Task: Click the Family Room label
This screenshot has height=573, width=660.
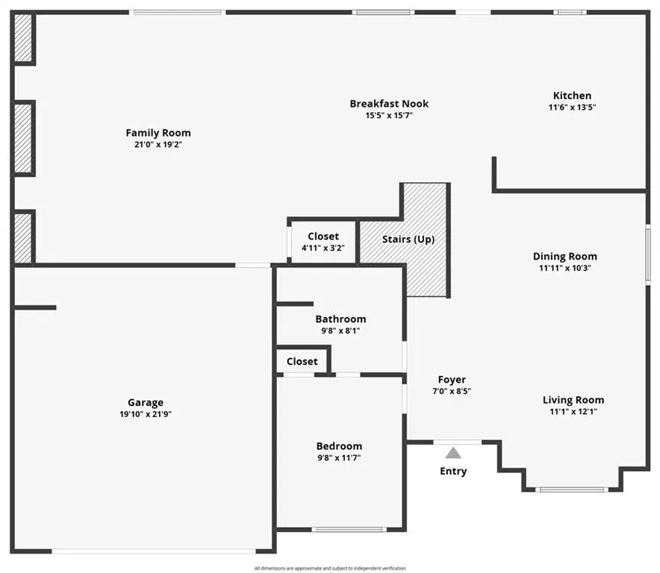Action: tap(158, 133)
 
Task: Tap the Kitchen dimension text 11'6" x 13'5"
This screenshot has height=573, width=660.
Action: tap(572, 107)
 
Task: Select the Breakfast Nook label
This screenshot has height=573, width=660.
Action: tap(389, 104)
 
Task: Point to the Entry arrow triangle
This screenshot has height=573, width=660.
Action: tap(453, 453)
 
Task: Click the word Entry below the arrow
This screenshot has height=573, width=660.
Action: tap(453, 472)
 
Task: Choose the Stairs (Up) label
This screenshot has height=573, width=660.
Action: tap(408, 239)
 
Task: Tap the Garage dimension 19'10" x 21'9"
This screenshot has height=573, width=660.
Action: tap(146, 414)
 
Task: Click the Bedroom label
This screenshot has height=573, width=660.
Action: tap(339, 446)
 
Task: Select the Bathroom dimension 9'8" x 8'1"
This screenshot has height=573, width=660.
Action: tap(340, 331)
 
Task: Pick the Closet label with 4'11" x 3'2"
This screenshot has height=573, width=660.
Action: tap(323, 237)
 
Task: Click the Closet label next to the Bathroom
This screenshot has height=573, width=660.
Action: tap(302, 361)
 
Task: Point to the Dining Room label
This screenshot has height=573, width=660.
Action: tap(565, 256)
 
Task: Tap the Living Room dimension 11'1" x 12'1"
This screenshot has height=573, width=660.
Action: tap(573, 411)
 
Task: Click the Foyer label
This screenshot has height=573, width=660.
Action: tap(452, 380)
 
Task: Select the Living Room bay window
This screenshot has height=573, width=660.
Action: tap(572, 489)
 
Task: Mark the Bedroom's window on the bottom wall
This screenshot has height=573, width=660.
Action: tap(349, 529)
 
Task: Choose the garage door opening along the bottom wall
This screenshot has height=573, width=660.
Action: tap(154, 551)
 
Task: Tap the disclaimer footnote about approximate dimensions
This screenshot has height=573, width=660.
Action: tap(330, 569)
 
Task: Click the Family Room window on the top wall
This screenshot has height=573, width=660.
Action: tap(177, 13)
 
